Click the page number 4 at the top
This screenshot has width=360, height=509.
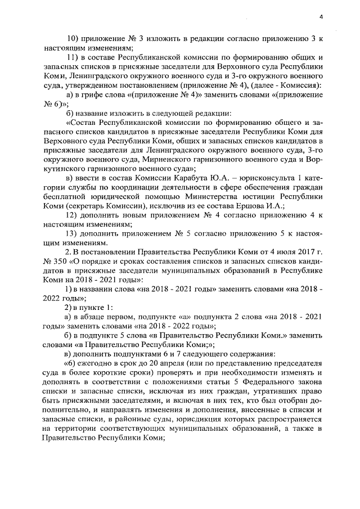[320, 16]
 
